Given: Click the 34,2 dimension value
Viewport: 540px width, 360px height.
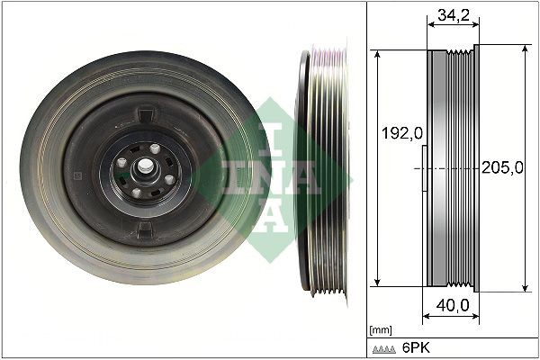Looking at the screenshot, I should tap(451, 14).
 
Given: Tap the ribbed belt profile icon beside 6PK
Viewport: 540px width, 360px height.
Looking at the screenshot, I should tap(385, 347).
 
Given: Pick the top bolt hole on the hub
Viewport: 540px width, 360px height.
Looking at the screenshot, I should tap(155, 149).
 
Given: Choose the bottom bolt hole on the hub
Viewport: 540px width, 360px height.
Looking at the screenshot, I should tap(137, 191).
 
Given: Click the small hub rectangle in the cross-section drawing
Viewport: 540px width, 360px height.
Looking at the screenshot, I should tap(423, 169).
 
